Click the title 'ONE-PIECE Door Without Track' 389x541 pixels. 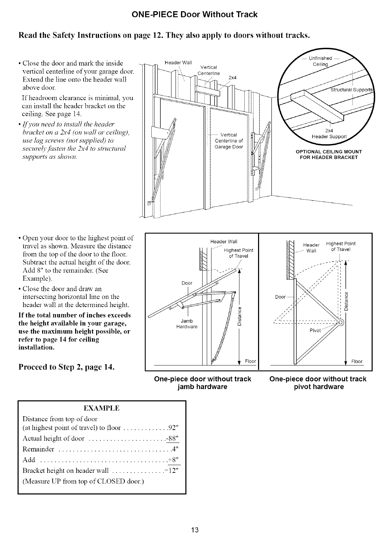194,14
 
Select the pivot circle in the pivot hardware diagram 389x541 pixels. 340,322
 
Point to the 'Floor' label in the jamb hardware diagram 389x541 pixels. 250,361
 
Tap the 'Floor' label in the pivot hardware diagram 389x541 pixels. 357,361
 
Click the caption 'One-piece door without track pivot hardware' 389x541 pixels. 318,383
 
